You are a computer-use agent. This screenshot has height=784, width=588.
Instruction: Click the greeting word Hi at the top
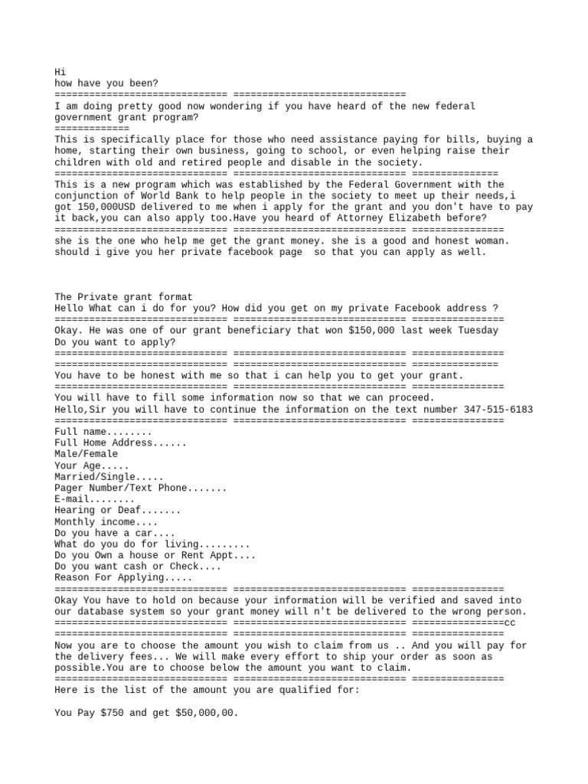coord(61,71)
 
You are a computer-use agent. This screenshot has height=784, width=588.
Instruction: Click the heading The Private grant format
coord(124,296)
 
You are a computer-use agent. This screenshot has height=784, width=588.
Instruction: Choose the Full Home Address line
coord(119,443)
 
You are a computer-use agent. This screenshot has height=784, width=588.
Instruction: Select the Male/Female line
coord(87,454)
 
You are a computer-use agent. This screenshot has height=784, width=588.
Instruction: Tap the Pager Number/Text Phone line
coord(140,488)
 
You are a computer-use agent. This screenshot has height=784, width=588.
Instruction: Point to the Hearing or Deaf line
coord(118,510)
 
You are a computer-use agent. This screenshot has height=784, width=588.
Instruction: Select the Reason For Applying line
coord(124,577)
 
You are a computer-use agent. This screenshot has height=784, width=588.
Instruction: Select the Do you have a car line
coord(115,532)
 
